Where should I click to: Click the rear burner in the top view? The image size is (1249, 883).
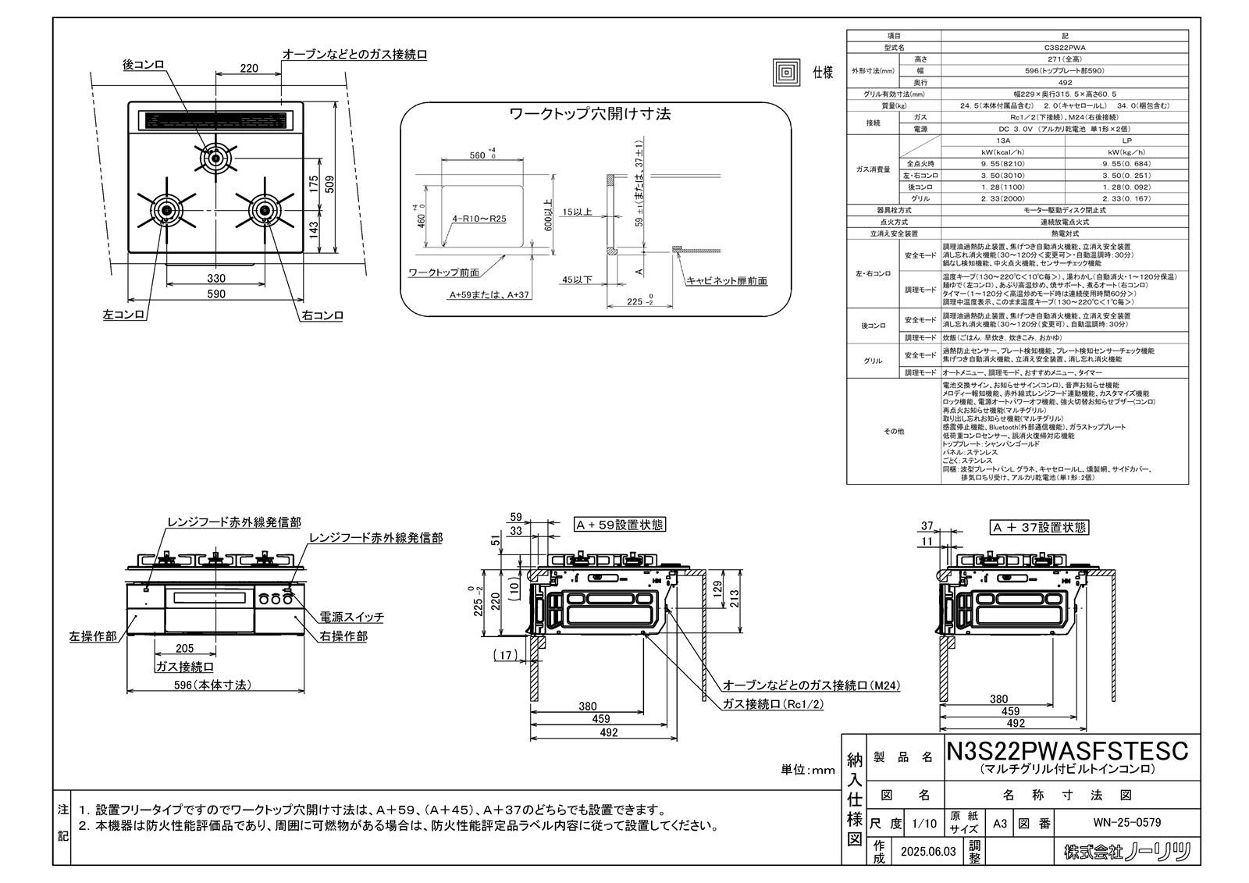click(215, 158)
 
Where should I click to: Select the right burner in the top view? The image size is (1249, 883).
click(265, 209)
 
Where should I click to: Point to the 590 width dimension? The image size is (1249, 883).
click(216, 294)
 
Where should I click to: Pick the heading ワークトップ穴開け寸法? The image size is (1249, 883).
click(589, 114)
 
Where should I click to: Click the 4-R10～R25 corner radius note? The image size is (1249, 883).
click(479, 219)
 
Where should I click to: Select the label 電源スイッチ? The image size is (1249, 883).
click(352, 617)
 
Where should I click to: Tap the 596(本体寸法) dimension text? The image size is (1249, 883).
click(212, 685)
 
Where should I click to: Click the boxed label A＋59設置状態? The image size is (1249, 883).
click(620, 525)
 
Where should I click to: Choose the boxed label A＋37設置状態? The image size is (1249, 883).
click(1039, 528)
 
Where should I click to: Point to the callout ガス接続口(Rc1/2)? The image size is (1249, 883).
click(774, 703)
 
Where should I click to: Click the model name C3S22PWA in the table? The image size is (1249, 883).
click(1064, 48)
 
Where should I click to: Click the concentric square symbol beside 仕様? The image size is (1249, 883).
click(786, 73)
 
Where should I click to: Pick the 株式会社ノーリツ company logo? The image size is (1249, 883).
click(1127, 852)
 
